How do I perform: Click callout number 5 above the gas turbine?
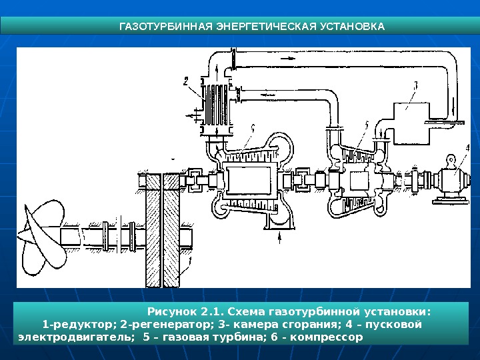tap(366, 125)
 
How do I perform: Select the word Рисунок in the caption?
tap(173, 311)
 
